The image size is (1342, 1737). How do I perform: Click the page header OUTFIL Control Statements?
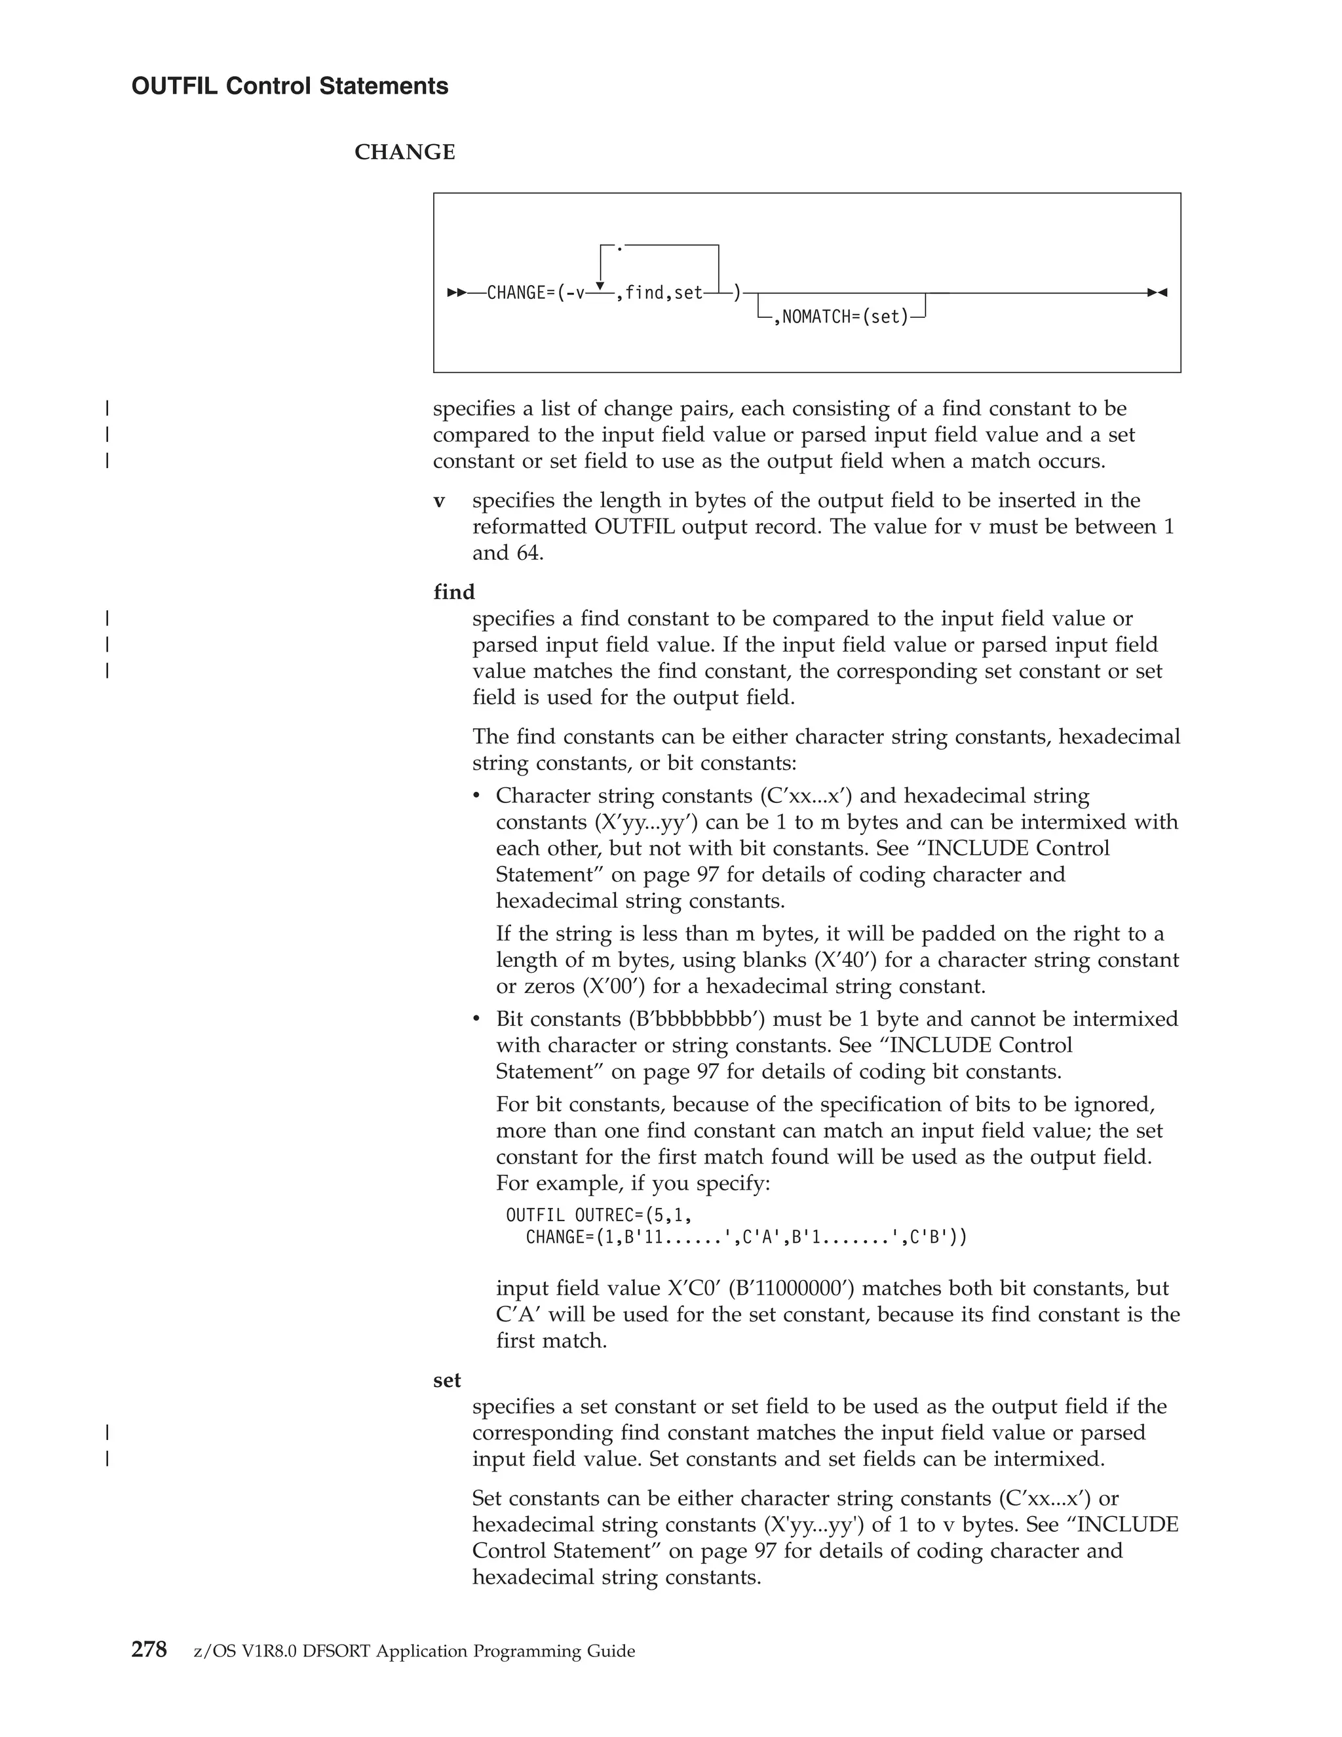[290, 86]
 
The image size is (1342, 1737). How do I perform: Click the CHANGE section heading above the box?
[405, 152]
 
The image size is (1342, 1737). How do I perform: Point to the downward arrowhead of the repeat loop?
[600, 286]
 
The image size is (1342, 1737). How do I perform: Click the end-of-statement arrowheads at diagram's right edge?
[1158, 293]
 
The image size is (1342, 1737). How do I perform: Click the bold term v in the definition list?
[439, 501]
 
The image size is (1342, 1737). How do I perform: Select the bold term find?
[454, 592]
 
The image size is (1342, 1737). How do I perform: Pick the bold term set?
[447, 1380]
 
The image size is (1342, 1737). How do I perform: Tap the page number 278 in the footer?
[149, 1650]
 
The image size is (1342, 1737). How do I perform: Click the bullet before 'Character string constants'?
[477, 796]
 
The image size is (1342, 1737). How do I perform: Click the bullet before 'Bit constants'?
[477, 1019]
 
